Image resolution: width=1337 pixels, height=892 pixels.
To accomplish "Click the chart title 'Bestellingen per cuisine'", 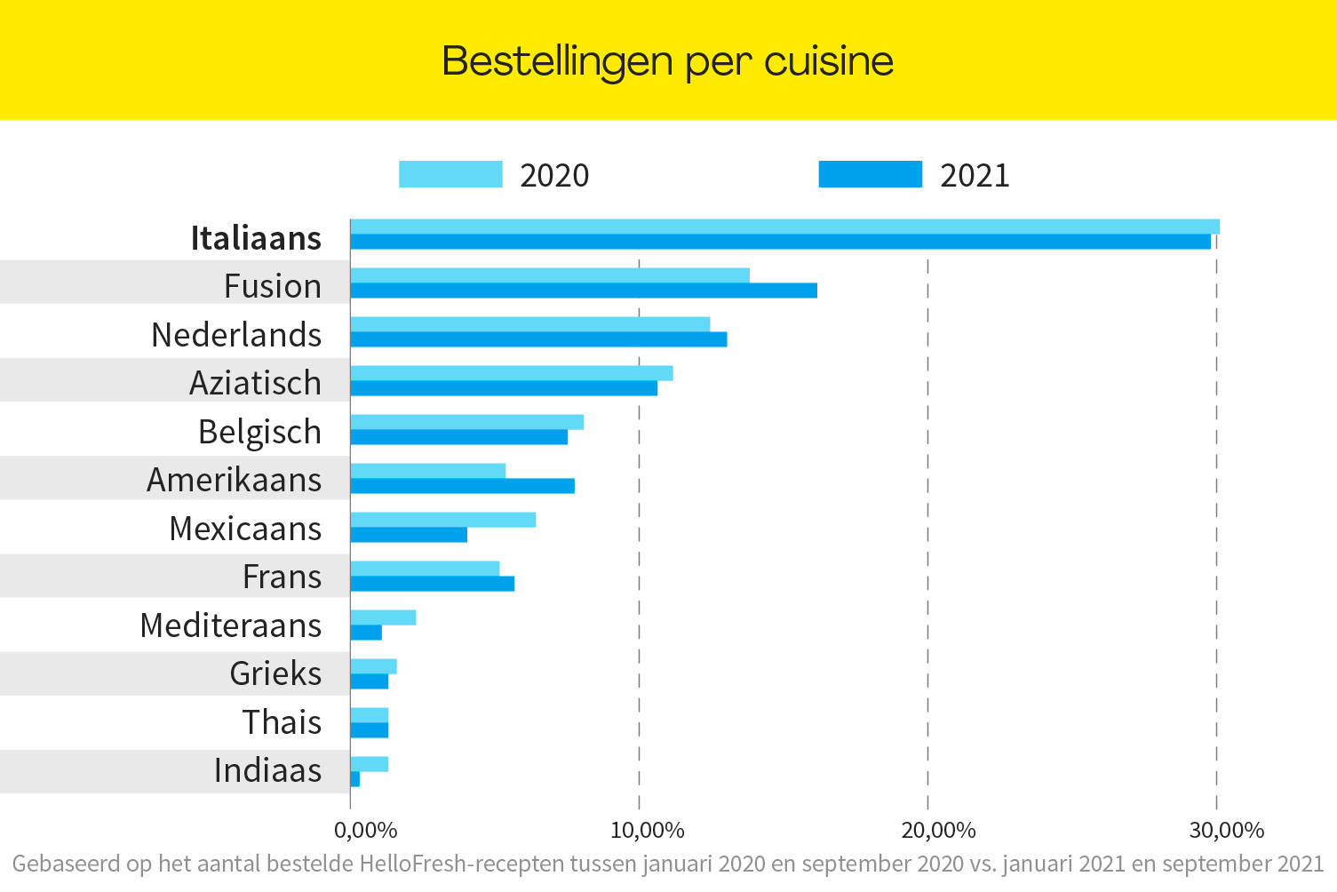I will coord(667,61).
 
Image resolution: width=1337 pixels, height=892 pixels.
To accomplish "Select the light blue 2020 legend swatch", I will coord(450,174).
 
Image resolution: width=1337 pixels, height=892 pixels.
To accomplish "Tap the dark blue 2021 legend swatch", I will coord(870,174).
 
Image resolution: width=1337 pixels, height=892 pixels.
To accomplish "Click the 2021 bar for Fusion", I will coord(583,291).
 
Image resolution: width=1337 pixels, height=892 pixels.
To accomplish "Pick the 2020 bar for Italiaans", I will coord(784,227).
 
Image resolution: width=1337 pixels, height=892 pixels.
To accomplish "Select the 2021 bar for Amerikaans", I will coord(462,486).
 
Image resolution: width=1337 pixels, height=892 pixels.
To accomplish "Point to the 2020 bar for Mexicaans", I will coord(442,520).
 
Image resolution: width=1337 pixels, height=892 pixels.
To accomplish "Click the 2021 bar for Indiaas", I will coord(355,779).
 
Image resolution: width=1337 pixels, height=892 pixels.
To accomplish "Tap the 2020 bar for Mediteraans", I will coord(383,617).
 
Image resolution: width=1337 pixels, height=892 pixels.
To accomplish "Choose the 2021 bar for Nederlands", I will coord(538,339).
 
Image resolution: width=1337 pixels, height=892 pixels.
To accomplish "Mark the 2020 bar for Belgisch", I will coord(466,422).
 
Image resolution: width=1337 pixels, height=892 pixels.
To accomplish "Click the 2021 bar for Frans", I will coord(432,584).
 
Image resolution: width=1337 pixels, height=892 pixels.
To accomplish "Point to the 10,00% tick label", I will coord(647,831).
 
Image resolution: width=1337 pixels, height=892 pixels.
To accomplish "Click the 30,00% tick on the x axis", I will coord(1226,831).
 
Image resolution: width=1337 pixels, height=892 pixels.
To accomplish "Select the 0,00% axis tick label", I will coord(365,831).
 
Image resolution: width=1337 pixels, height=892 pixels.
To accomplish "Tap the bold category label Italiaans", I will coord(256,238).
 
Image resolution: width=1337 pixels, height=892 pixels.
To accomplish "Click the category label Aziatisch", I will coord(255,383).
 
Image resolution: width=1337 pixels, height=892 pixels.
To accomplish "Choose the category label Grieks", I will coord(275,673).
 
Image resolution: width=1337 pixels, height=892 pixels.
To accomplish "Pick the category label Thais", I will coord(282,722).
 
